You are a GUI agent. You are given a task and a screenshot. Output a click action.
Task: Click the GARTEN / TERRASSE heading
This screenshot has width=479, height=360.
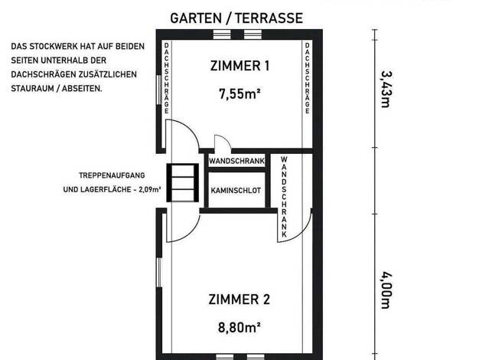click(236, 18)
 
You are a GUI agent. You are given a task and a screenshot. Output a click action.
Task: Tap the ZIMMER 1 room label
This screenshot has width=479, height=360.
click(239, 66)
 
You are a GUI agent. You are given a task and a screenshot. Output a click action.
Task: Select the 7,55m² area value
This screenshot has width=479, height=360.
click(239, 93)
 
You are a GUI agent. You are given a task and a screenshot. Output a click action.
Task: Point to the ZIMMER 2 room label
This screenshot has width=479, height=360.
click(239, 299)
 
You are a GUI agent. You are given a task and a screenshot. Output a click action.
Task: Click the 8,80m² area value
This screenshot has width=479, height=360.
click(239, 327)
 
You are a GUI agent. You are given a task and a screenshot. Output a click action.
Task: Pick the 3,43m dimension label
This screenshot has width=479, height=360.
click(386, 90)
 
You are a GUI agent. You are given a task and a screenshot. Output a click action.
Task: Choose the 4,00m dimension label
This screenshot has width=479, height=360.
click(386, 290)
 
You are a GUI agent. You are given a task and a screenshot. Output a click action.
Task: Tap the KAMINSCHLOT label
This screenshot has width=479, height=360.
click(236, 191)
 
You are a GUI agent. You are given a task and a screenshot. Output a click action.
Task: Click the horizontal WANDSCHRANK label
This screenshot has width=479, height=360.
click(236, 161)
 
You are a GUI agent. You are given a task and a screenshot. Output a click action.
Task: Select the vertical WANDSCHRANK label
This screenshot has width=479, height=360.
click(284, 197)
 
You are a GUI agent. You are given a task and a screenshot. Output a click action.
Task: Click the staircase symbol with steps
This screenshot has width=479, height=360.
click(182, 182)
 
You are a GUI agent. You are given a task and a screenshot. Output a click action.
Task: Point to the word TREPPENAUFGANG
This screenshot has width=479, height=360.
click(112, 175)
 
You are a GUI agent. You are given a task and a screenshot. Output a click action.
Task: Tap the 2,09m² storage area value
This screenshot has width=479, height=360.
click(150, 190)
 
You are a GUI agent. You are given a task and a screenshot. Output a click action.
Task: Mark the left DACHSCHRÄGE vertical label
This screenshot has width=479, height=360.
click(167, 78)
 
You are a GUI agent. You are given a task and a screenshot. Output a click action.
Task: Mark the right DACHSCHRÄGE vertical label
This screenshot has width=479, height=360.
click(308, 78)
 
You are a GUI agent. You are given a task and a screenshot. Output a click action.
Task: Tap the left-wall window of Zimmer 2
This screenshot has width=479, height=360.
click(159, 272)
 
